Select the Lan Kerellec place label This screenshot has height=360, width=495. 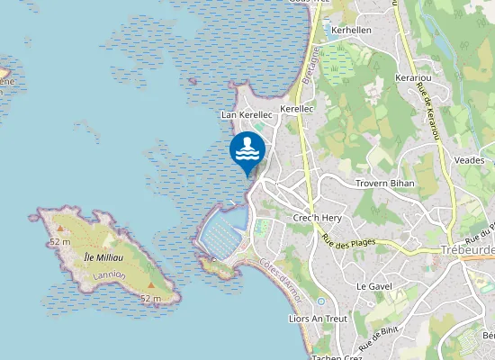(246, 115)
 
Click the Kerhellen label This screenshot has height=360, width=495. (351, 30)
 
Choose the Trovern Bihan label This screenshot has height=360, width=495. (383, 184)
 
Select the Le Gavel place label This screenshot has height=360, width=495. (373, 285)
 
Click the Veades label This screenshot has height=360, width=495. (470, 159)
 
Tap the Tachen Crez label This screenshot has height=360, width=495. (334, 355)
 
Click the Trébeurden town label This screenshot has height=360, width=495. (467, 249)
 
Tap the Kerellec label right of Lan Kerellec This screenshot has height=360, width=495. (296, 109)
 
